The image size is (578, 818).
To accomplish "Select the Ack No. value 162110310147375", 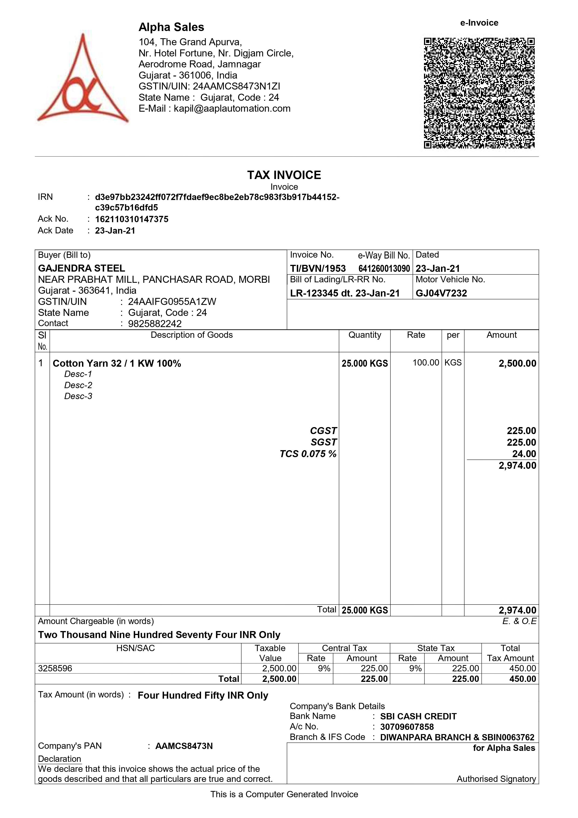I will tap(131, 219).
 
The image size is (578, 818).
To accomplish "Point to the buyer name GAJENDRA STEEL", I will tap(82, 268).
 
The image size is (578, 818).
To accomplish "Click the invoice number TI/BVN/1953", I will tap(318, 269).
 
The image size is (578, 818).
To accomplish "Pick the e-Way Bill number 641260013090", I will tap(384, 269).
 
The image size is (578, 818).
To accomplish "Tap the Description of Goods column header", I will tap(192, 335).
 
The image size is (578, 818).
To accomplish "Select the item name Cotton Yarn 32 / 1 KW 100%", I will tap(117, 363).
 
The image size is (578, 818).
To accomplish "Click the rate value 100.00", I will tap(426, 363).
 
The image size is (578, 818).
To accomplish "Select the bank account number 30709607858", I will tap(407, 727).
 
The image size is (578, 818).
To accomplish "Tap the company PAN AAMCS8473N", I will tap(184, 746).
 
